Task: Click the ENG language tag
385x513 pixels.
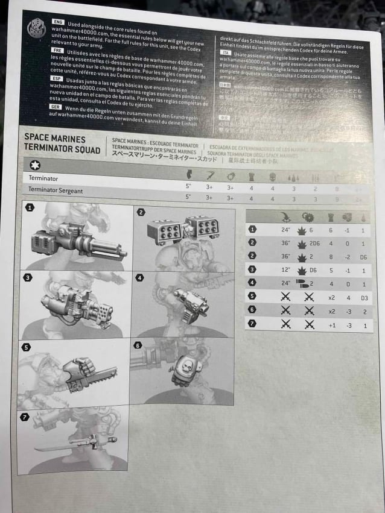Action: click(x=58, y=21)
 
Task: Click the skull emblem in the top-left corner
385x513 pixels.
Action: click(x=36, y=28)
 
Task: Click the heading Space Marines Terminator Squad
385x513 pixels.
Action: click(x=62, y=143)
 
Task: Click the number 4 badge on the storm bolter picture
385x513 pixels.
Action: click(x=141, y=279)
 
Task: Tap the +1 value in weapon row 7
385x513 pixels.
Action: click(x=331, y=324)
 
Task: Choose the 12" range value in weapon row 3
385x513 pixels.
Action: click(x=286, y=269)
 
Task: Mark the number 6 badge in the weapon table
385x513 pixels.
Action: click(x=253, y=310)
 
